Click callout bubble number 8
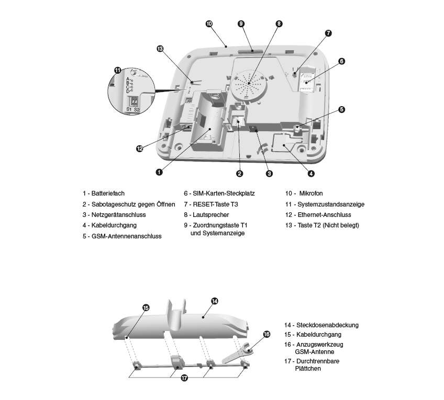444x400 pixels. [x=279, y=24]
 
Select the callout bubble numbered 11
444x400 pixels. [x=118, y=70]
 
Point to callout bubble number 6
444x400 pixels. [x=341, y=61]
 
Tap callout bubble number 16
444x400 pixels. [x=266, y=334]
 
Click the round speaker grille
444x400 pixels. [x=248, y=83]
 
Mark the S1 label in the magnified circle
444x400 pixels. [x=129, y=109]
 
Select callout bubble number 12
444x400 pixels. [x=139, y=148]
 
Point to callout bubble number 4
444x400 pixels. [x=310, y=173]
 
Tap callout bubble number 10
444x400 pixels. [x=209, y=24]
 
